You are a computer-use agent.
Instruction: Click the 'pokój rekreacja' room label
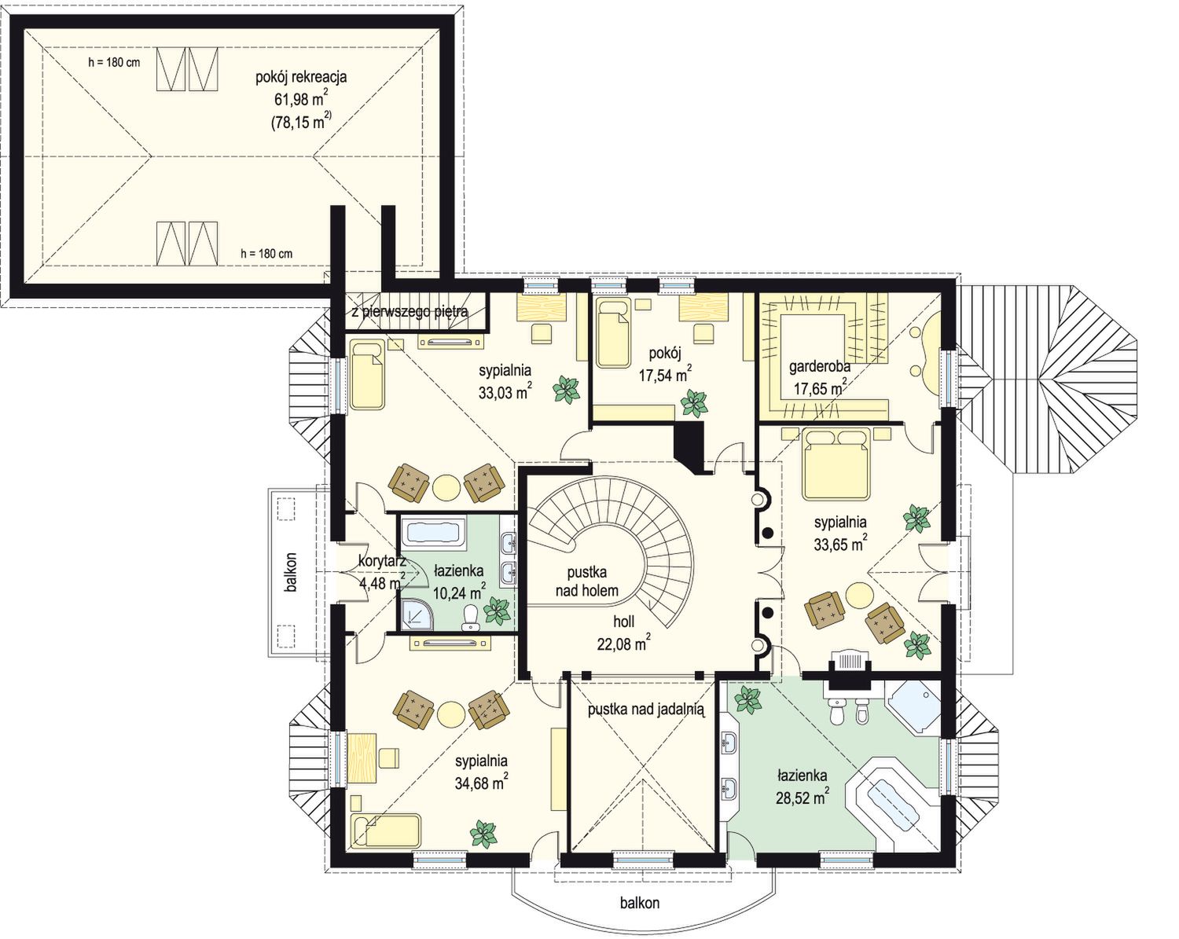301,77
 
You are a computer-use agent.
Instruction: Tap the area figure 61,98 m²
301,99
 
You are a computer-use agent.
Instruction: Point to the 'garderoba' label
820,366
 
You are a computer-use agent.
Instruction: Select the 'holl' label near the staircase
623,622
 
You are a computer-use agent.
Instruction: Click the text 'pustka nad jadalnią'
646,710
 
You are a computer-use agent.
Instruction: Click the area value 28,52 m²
802,798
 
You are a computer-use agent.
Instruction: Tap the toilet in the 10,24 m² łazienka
469,619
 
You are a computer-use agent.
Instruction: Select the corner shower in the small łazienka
417,614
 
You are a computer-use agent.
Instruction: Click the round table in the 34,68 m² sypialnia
451,714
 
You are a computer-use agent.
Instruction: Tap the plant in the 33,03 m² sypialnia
567,390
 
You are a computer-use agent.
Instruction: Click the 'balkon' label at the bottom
639,902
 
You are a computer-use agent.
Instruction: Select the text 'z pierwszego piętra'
410,312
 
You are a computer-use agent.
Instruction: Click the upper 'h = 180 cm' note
114,62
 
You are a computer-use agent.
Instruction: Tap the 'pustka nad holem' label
587,581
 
